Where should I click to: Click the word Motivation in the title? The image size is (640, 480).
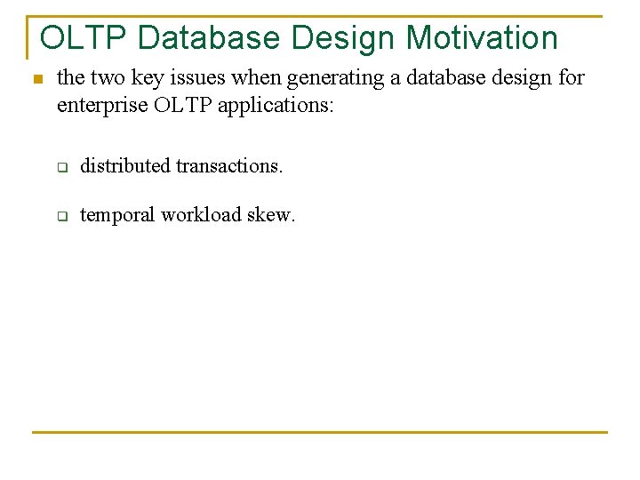[x=482, y=38]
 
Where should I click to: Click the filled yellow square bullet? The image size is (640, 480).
[x=36, y=80]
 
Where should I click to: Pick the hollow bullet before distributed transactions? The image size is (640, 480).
[x=63, y=167]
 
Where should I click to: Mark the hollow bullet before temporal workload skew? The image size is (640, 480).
[x=63, y=216]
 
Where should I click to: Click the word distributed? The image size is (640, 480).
[x=124, y=165]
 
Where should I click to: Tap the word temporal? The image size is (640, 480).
[x=116, y=214]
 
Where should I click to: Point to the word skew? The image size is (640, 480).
[x=272, y=214]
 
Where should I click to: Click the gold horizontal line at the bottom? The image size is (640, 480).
[x=320, y=433]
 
